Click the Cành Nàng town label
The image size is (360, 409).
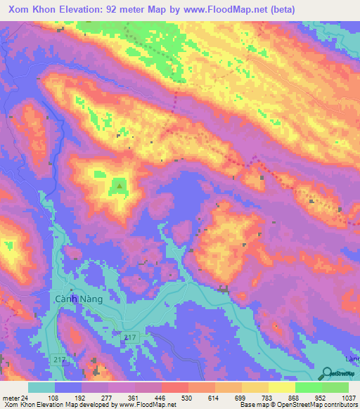coord(79,299)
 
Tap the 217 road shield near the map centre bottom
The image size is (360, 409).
coord(130,339)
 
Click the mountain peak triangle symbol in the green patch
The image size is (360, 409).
coord(120,186)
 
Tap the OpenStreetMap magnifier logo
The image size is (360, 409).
coord(327,374)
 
